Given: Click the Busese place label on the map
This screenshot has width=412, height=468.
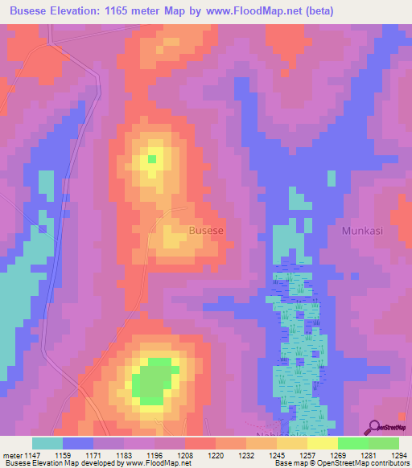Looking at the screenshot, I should pyautogui.click(x=206, y=230).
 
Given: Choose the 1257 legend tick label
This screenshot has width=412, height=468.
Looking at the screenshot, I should pyautogui.click(x=308, y=455).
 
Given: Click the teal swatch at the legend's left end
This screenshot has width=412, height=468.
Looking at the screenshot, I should pyautogui.click(x=47, y=443).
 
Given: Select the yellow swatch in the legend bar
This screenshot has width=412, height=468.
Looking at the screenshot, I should pyautogui.click(x=322, y=443).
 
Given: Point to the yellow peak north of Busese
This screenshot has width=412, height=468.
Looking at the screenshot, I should pyautogui.click(x=150, y=158).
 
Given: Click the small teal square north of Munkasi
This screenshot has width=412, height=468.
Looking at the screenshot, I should pyautogui.click(x=331, y=179).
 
